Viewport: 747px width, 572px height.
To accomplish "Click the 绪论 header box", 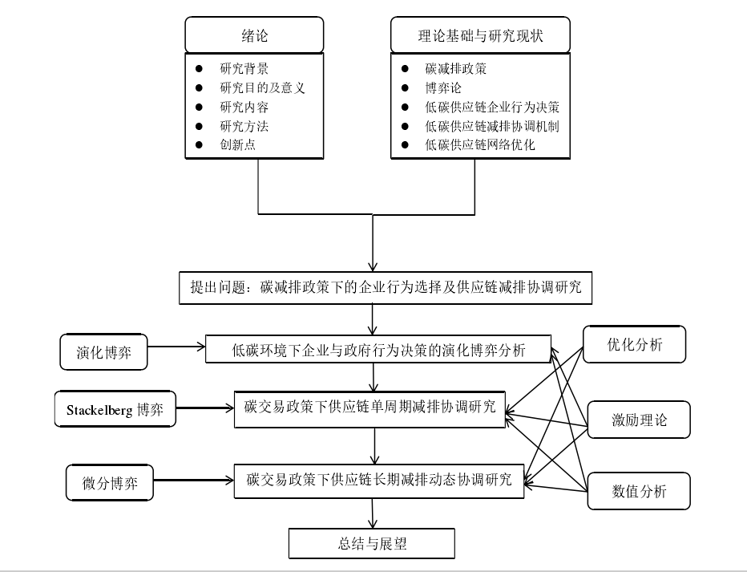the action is click(254, 34).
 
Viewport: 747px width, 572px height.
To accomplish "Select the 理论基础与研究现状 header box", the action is click(480, 34).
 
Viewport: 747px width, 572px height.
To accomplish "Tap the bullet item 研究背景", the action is click(244, 69).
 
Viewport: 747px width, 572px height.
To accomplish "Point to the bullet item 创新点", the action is click(237, 144).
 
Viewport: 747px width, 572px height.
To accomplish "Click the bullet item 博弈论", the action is click(443, 87).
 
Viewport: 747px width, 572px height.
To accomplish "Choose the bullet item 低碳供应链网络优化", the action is click(480, 144).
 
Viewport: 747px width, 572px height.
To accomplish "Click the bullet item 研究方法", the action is click(244, 126).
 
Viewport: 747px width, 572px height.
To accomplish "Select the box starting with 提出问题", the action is click(386, 288).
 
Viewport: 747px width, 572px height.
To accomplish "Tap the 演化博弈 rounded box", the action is click(103, 351).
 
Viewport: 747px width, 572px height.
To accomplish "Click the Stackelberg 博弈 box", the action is click(115, 409).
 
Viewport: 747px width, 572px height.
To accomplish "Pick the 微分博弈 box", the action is click(110, 483).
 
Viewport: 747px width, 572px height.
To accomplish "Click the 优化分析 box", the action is click(634, 344).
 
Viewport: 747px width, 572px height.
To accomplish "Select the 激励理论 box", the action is click(639, 420).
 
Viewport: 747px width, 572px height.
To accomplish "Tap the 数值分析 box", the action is click(639, 491).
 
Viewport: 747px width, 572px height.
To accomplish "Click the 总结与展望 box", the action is click(372, 543).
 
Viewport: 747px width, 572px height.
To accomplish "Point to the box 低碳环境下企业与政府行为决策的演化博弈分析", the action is click(378, 350).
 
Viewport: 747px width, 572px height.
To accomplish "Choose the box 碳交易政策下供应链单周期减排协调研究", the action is click(369, 409).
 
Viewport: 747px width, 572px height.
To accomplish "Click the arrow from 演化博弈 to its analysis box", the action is click(176, 347).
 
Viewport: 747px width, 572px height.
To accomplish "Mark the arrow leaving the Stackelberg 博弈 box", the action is click(205, 408).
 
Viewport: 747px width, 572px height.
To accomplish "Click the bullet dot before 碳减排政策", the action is click(405, 69).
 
